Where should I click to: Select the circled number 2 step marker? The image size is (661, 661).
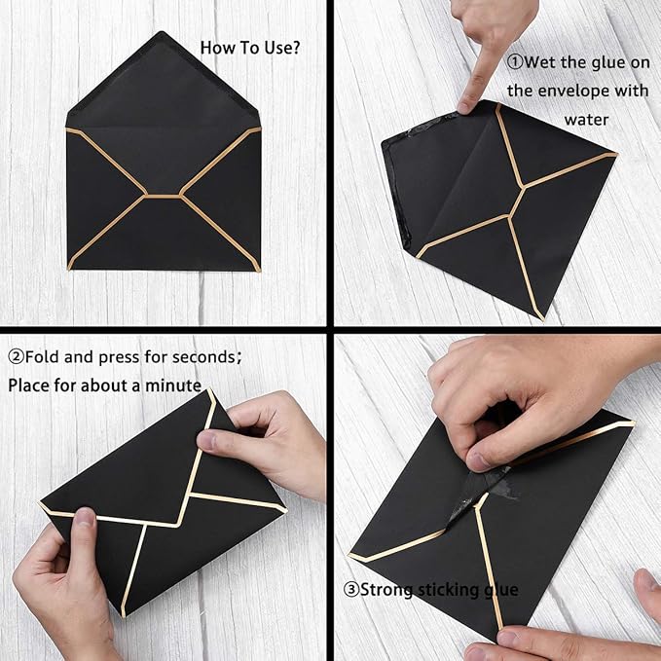click(x=17, y=356)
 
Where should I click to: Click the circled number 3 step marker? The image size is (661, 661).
click(x=352, y=589)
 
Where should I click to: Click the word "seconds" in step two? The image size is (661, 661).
click(x=205, y=356)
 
